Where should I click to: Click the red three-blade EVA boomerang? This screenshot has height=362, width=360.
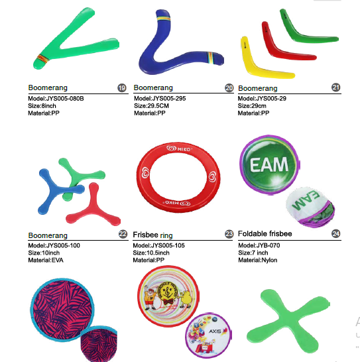(x=93, y=208)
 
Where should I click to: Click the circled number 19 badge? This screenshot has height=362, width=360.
(x=122, y=88)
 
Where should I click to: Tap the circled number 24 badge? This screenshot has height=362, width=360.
(x=335, y=233)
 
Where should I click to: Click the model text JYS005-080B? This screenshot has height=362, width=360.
(x=56, y=99)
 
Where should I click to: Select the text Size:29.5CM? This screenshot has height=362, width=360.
(x=151, y=105)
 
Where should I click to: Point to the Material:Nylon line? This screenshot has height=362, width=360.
(x=258, y=260)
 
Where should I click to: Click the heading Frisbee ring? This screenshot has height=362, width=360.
(x=152, y=235)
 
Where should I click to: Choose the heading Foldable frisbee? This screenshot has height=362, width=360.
(x=265, y=233)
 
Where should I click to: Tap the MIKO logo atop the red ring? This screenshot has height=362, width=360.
(x=179, y=149)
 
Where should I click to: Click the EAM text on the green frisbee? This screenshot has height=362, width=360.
(x=269, y=164)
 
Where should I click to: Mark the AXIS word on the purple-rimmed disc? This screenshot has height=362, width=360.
(x=215, y=332)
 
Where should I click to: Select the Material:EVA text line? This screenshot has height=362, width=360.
(x=46, y=260)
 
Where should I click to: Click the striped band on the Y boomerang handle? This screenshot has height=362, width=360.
(x=43, y=58)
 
